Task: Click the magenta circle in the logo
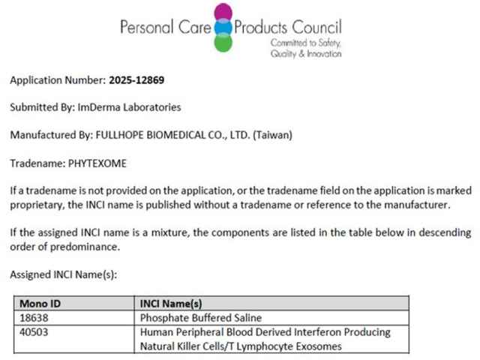[223, 13]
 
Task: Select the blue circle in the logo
[223, 28]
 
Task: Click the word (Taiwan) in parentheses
[273, 135]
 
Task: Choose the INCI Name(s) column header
[171, 304]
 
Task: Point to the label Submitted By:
[42, 107]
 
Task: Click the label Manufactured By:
[49, 135]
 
